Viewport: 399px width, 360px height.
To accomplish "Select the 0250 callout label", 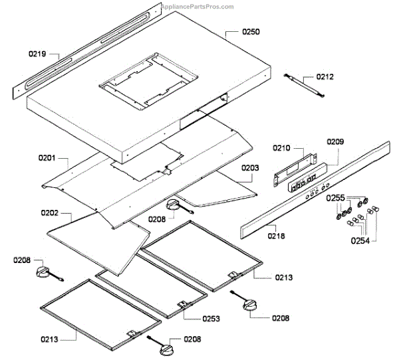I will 233,31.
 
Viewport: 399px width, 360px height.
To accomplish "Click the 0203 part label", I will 250,169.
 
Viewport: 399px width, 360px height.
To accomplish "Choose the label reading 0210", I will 283,147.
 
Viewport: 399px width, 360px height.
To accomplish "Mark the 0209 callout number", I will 335,141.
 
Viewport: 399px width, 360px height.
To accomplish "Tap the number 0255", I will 336,199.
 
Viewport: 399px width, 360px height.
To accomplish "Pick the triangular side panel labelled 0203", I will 219,194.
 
